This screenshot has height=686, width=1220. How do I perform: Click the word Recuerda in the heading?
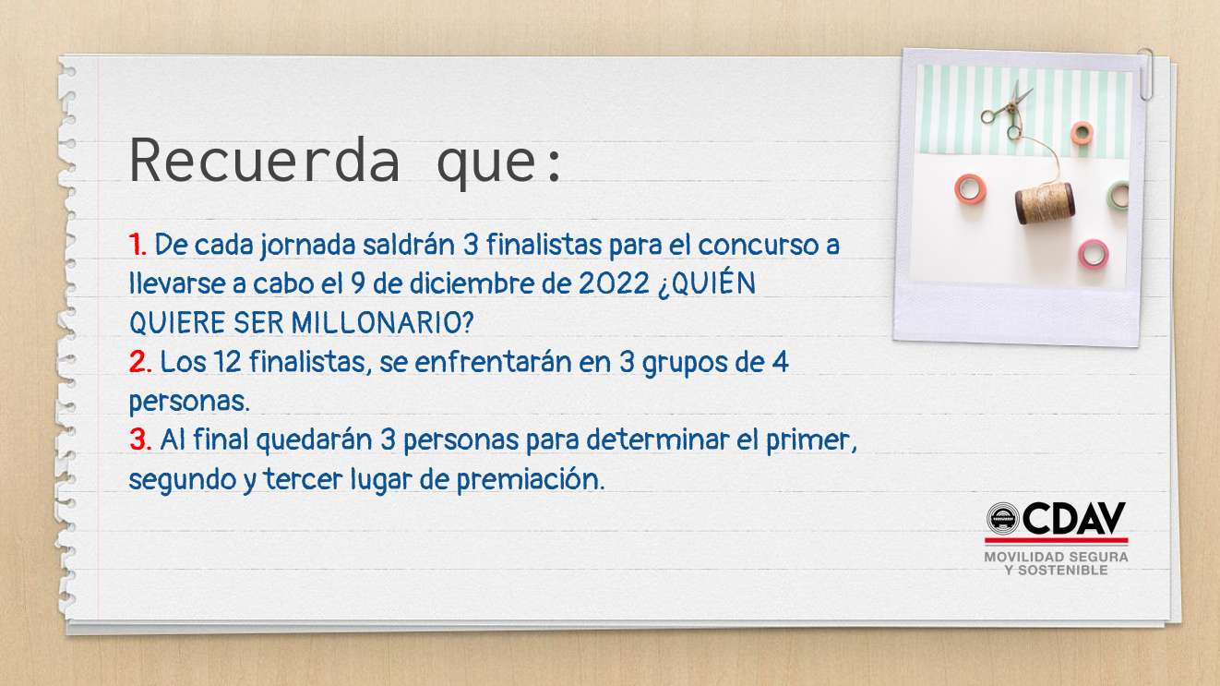265,161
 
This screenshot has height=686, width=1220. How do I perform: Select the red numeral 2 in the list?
138,361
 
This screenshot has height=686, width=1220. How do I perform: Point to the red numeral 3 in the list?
139,439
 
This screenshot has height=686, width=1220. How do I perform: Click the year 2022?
614,283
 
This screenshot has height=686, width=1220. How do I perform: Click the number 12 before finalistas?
227,361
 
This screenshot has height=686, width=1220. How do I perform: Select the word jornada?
307,246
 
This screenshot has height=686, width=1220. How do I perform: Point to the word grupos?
685,364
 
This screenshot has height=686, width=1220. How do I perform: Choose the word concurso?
758,246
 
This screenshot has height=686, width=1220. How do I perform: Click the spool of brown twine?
1045,203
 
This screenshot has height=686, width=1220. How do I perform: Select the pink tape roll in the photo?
1093,255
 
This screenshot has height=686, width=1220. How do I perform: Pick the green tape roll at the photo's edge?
1118,195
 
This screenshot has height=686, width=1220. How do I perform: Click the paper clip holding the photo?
1145,74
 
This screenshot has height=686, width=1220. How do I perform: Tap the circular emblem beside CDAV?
1003,518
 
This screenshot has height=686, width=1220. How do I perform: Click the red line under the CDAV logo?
1056,540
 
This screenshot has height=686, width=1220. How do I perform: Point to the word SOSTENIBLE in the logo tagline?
1063,571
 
